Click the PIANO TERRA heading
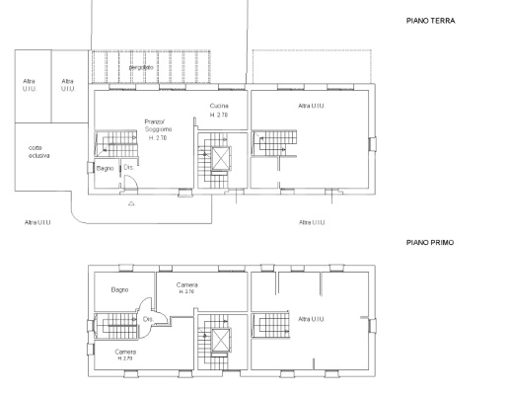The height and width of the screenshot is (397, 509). (x=430, y=20)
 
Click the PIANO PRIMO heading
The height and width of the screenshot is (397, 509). (x=430, y=241)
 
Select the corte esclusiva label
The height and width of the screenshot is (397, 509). (x=39, y=151)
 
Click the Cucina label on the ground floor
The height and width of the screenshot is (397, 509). (x=219, y=105)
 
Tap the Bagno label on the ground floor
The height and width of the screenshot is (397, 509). (x=106, y=169)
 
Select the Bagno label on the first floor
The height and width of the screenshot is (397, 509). (x=120, y=289)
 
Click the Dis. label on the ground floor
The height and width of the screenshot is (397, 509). (x=129, y=167)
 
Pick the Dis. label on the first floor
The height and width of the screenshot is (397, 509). (x=146, y=319)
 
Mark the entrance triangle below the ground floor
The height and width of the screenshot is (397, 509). (x=131, y=205)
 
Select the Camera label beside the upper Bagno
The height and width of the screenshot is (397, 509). (x=186, y=285)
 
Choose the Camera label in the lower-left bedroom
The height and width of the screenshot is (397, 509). (x=124, y=352)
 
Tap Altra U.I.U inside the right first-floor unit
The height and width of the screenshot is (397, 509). (x=313, y=319)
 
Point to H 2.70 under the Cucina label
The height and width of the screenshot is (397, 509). (x=219, y=116)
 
